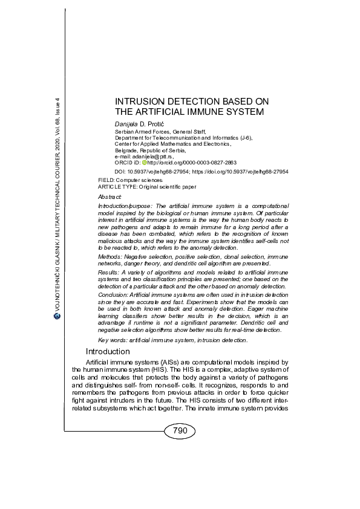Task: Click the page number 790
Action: (180, 430)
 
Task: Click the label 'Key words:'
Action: (112, 341)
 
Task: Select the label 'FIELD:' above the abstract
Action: (106, 181)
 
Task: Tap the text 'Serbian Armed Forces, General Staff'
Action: (160, 131)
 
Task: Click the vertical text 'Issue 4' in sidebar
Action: (57, 105)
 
